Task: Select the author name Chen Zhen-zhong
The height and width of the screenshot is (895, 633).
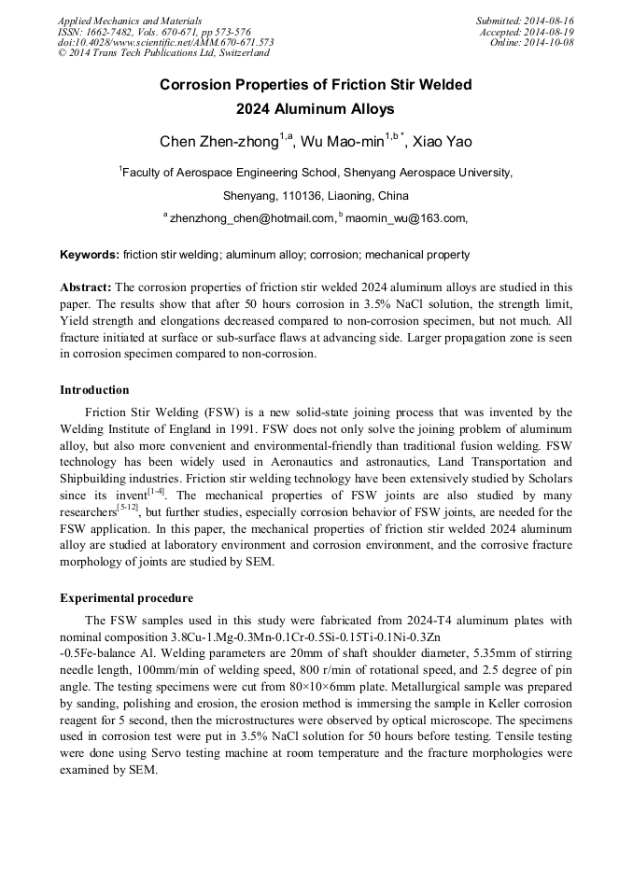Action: [219, 142]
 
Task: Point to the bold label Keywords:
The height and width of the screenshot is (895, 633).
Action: [90, 255]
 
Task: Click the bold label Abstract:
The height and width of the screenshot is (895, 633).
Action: [86, 287]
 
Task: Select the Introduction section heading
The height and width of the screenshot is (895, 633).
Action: [94, 390]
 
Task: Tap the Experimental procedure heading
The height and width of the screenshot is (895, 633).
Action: [126, 598]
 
